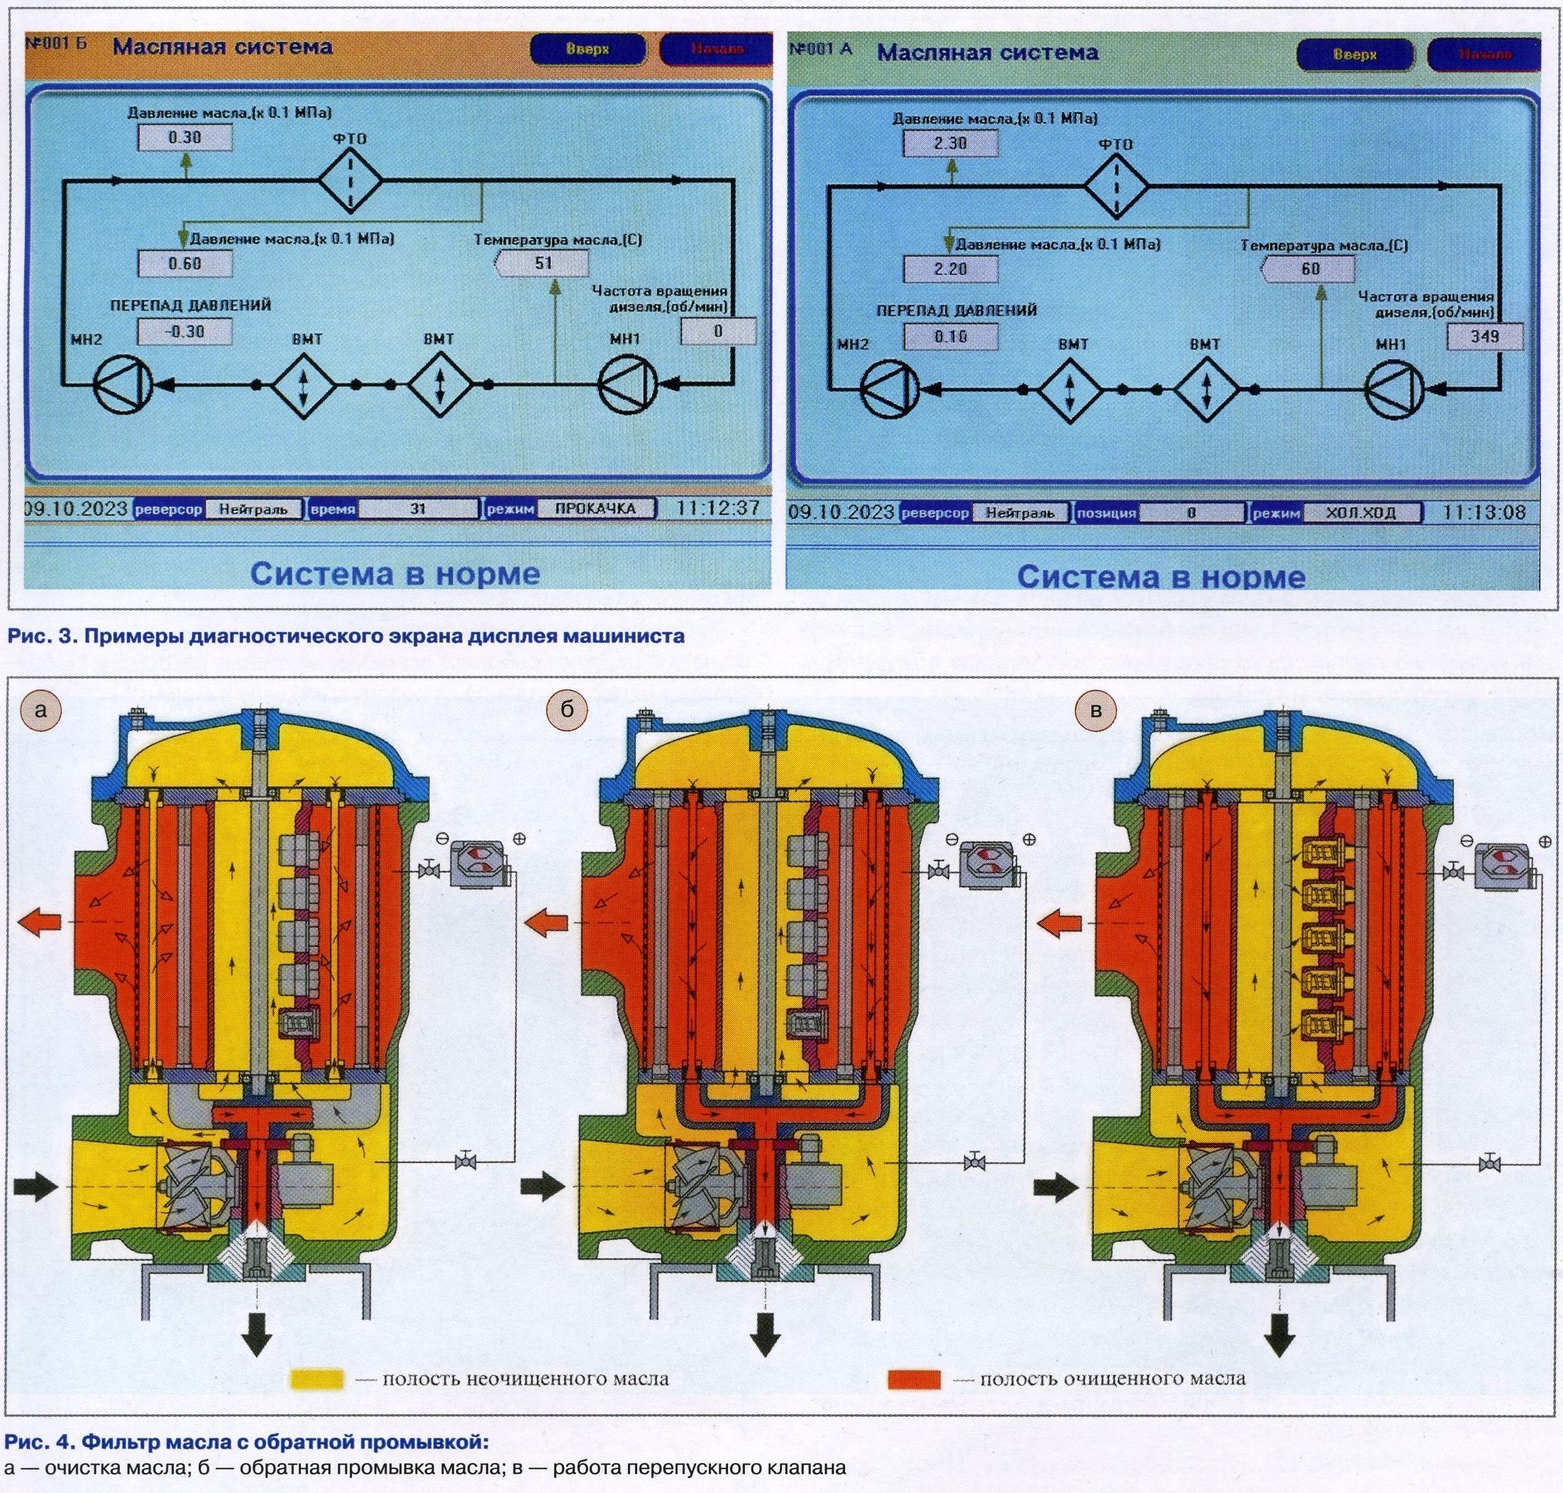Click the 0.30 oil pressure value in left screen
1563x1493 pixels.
[x=185, y=138]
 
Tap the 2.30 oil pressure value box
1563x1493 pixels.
[x=950, y=143]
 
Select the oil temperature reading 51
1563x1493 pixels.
[x=543, y=263]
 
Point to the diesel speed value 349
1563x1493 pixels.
[x=1484, y=336]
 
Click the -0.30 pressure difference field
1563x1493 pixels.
[x=184, y=332]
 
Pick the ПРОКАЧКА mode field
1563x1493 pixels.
[x=595, y=509]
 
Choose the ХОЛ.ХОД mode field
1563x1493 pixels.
[x=1361, y=512]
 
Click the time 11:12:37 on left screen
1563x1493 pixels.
[x=718, y=508]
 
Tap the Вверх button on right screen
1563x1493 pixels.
[x=1354, y=55]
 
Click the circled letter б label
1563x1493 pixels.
[x=567, y=709]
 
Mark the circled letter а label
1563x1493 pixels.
[x=40, y=709]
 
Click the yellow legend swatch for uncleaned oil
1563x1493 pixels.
[x=316, y=1378]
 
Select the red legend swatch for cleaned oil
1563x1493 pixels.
[x=914, y=1378]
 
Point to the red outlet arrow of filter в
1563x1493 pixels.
[x=1060, y=923]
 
